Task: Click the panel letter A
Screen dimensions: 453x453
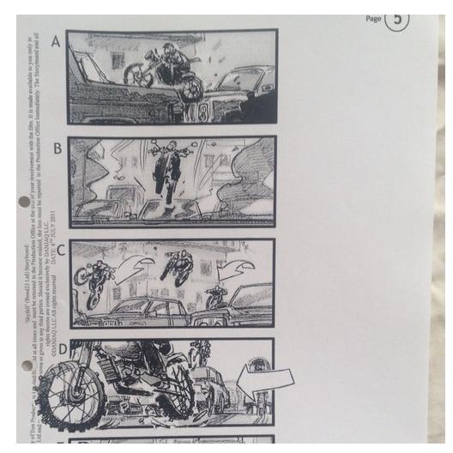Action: (56, 39)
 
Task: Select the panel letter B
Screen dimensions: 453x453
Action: (57, 148)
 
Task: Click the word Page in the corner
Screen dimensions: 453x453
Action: (373, 17)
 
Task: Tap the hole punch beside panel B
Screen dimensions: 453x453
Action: (23, 202)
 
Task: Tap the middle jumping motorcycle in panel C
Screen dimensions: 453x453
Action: (178, 266)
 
